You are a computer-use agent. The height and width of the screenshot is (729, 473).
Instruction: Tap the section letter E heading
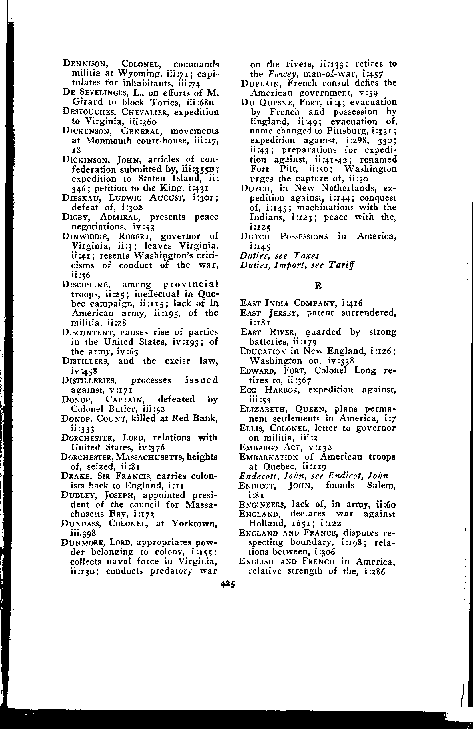[318, 286]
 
